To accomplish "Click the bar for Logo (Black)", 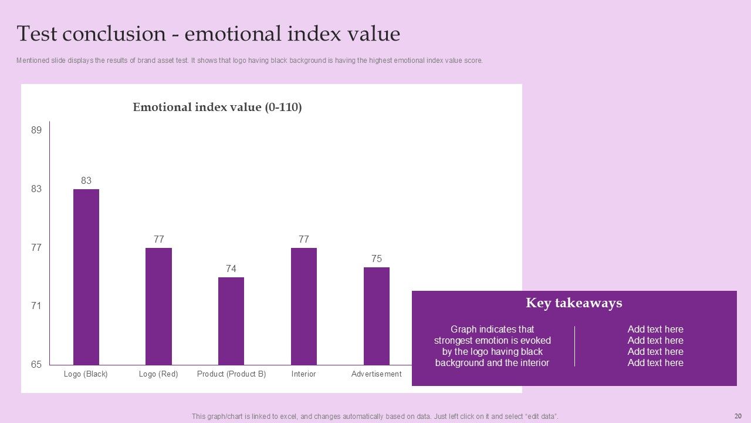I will coord(86,277).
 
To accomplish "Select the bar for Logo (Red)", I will coord(158,306).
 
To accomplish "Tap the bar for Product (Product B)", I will coord(231,321).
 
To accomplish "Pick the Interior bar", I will coord(304,306).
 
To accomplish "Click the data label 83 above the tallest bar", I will coord(86,181).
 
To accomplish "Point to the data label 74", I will coord(231,269).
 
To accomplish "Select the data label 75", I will coord(377,259).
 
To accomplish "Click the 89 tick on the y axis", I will coord(36,130).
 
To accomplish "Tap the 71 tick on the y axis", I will coord(36,306).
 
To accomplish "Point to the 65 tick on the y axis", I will coord(36,365).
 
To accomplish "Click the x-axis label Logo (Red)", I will coord(158,374).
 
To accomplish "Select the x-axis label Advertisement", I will coord(377,374).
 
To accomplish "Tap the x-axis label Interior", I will coord(304,374).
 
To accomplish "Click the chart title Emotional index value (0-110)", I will coord(217,108).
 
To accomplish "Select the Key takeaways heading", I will coord(574,303).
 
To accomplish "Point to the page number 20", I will coord(738,416).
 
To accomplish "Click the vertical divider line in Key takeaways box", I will coord(574,346).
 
